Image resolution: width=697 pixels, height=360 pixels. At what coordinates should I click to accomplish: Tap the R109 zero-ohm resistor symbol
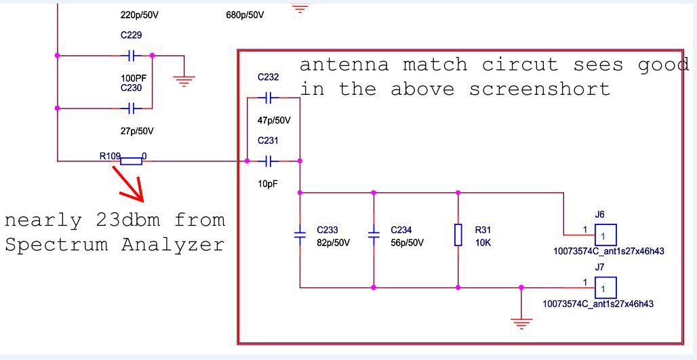(131, 161)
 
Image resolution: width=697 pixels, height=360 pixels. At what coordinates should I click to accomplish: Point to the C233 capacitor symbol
(300, 234)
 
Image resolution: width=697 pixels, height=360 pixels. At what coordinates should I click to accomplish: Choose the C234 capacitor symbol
(373, 234)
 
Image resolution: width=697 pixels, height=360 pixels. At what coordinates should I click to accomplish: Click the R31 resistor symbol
(458, 235)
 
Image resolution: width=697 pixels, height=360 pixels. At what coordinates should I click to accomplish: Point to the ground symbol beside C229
(182, 80)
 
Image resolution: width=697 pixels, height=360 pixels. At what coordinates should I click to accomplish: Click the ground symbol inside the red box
(520, 321)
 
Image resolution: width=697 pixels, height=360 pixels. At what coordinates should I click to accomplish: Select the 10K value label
(483, 242)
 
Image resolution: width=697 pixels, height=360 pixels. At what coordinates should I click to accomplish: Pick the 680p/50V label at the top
(244, 14)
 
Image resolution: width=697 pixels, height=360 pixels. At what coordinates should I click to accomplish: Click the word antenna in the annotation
(344, 65)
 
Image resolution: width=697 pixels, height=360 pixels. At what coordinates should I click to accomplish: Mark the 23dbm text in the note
(131, 220)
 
